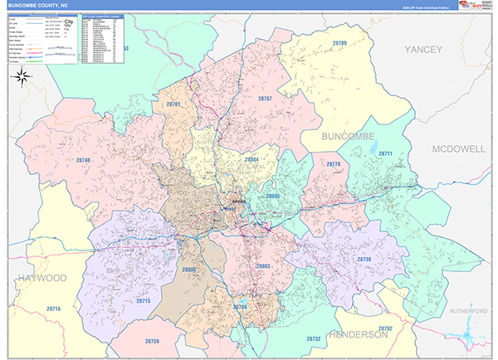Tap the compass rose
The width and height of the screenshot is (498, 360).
click(22, 77)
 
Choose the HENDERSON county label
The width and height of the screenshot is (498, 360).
click(358, 334)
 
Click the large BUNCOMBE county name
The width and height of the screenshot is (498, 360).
click(348, 135)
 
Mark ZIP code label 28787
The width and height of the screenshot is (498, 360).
click(265, 99)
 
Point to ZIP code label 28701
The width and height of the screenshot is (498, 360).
click(173, 105)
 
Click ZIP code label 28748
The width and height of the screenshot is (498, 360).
click(83, 160)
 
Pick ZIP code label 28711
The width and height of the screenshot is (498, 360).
click(385, 154)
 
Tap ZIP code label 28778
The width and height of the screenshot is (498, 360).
click(333, 165)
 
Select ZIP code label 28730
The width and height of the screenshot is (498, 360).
click(364, 260)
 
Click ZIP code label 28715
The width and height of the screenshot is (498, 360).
click(144, 300)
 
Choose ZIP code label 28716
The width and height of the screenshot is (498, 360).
click(54, 309)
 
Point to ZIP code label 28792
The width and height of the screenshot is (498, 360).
click(385, 328)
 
